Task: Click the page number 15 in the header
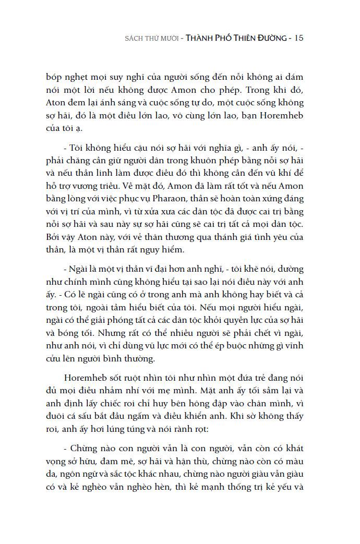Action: point(299,38)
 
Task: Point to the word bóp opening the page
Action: point(54,76)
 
